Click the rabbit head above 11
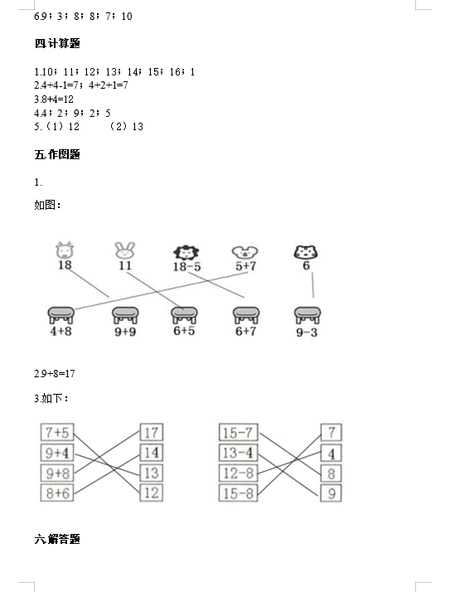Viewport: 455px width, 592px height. pos(124,250)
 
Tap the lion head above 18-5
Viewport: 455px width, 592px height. pos(186,253)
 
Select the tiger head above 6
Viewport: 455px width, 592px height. pos(306,252)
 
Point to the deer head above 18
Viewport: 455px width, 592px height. pos(65,250)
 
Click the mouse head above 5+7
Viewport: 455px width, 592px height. pos(244,253)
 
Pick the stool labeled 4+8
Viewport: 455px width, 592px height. pos(61,315)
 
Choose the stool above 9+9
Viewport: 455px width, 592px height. pos(125,315)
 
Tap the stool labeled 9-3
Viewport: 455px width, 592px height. pos(307,315)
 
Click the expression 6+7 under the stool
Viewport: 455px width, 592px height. pos(245,331)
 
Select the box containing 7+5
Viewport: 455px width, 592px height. pos(57,432)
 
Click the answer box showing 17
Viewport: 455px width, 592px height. pos(152,432)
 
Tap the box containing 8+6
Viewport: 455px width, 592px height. pos(57,493)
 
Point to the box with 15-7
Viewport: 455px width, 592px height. pos(238,432)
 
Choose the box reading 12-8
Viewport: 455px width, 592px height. pos(238,473)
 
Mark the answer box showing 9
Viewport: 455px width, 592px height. pos(332,493)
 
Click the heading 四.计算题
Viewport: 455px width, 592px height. pos(57,43)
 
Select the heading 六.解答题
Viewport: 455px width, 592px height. pos(57,539)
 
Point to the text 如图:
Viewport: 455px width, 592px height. pos(47,205)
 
